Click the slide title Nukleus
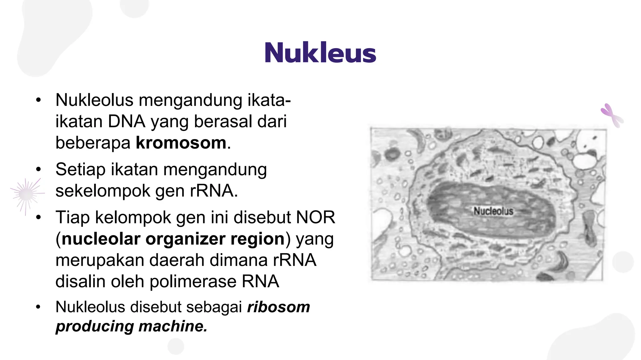coord(320,53)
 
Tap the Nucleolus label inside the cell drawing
coord(493,211)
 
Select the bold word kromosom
coord(181,143)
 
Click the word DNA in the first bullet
coord(126,122)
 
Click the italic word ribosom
coord(279,307)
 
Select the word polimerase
coord(193,282)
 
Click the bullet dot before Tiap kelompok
coord(38,217)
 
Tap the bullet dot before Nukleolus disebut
coord(38,307)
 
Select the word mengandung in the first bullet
coord(190,100)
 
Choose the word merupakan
coord(100,260)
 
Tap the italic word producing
coord(95,326)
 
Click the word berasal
coord(223,122)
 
